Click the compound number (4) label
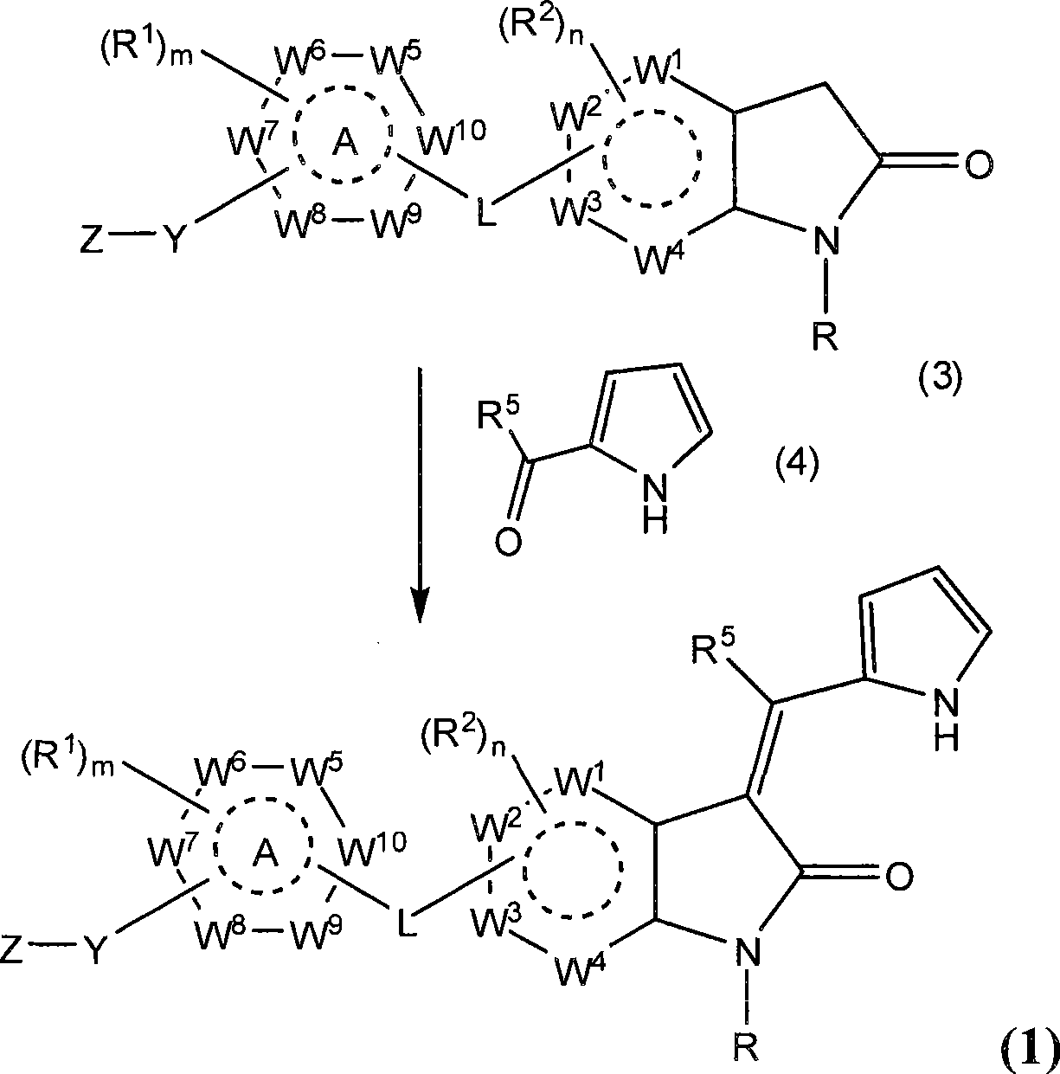pos(798,463)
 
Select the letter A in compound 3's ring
pos(344,145)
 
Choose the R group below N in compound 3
pos(826,338)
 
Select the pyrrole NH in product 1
pos(946,725)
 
